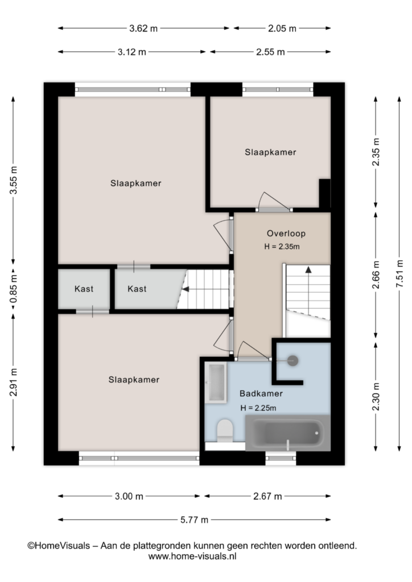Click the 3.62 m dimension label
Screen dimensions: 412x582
(x=143, y=28)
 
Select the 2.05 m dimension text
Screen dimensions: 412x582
(x=282, y=28)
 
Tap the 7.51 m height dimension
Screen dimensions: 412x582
(x=399, y=273)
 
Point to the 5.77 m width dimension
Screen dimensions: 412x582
(x=194, y=519)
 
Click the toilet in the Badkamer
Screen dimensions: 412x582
(x=225, y=431)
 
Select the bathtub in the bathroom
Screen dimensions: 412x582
(x=288, y=433)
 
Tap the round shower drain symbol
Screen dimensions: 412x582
(x=292, y=360)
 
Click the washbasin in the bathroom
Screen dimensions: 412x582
(x=216, y=383)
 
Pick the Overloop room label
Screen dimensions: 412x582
(x=286, y=234)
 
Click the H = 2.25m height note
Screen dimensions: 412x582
(x=258, y=408)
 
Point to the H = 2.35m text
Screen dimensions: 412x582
(x=282, y=247)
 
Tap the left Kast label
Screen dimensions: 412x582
(x=84, y=289)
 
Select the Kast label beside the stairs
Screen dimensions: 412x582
(x=137, y=289)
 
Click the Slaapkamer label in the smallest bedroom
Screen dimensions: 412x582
(x=270, y=152)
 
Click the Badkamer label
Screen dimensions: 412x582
(x=261, y=393)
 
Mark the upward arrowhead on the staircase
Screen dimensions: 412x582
(x=308, y=270)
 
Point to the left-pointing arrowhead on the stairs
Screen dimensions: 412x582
(x=186, y=289)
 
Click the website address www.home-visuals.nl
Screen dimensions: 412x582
(x=192, y=556)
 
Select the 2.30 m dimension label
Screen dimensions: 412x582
(x=376, y=396)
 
